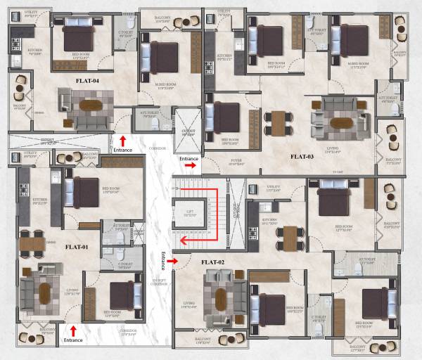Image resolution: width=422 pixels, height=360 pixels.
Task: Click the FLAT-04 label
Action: click(87, 81)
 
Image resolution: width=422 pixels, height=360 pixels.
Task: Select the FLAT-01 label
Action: click(77, 247)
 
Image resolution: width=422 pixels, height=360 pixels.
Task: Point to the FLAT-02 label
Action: click(212, 262)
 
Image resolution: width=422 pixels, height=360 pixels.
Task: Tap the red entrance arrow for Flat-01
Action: click(73, 330)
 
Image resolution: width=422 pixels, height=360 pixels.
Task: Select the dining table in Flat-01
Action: click(32, 243)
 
